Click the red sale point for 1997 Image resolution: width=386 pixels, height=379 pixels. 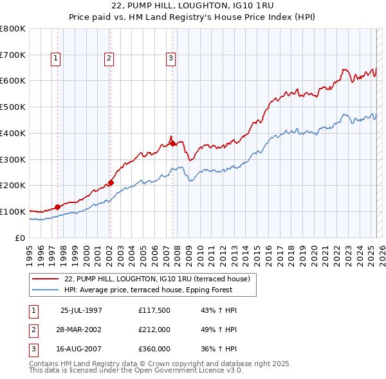pos(58,207)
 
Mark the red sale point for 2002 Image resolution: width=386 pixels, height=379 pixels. pos(111,182)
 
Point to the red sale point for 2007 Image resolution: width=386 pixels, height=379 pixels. pos(172,143)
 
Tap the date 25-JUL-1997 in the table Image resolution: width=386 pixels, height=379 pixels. pos(81,310)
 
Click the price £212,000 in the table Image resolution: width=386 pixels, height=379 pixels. pos(154,330)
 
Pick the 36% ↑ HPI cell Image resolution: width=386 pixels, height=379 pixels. pos(214,349)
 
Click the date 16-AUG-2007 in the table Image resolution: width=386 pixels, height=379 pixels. pos(81,349)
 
